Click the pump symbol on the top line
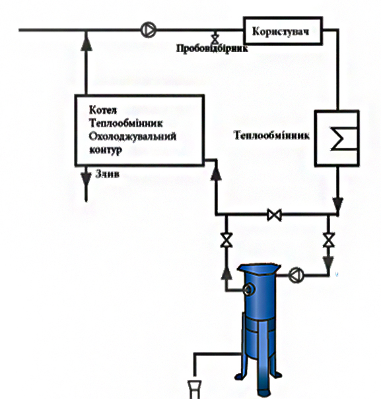[149, 30]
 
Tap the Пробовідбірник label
[212, 48]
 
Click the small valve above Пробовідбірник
[215, 38]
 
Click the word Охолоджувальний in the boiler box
[133, 137]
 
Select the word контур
[106, 150]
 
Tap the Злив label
[107, 174]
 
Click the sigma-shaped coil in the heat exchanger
[343, 138]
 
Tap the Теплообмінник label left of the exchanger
[271, 135]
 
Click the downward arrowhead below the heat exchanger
[338, 206]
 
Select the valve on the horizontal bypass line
[275, 215]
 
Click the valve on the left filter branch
[226, 240]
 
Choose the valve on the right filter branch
[328, 240]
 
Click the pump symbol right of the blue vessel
[296, 275]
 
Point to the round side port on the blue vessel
[249, 290]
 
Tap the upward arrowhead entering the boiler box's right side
[216, 172]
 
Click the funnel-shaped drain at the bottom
[194, 389]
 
